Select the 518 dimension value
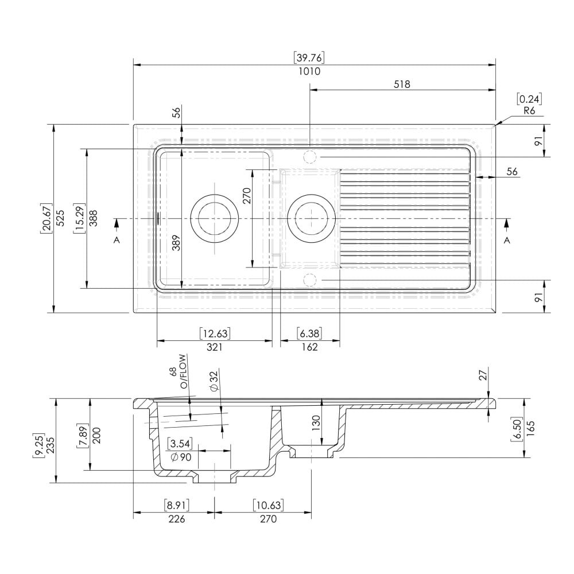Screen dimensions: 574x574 point(402,84)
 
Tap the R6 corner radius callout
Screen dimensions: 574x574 point(529,111)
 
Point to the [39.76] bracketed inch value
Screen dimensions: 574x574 point(309,57)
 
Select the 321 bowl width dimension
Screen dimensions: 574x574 point(214,347)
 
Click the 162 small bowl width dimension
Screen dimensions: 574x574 point(309,347)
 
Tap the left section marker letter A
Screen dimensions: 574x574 point(117,241)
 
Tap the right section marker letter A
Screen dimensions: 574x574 point(507,241)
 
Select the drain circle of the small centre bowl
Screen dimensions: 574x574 point(310,219)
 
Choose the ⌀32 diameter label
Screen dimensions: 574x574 point(214,381)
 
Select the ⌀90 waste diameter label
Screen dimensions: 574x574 point(180,457)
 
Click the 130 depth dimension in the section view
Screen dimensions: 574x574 point(316,423)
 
